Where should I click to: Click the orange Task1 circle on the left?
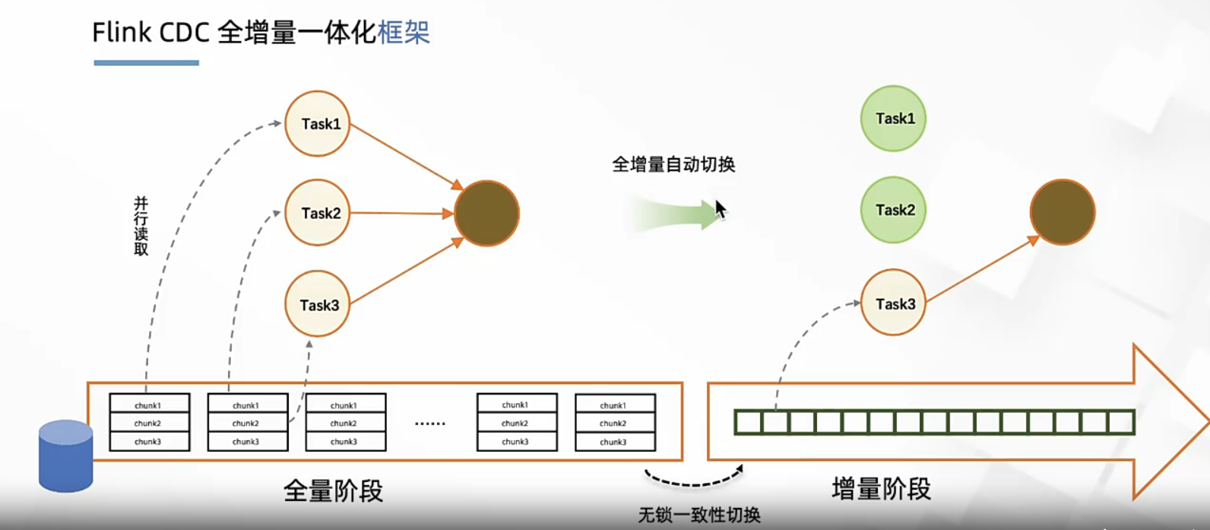tap(318, 124)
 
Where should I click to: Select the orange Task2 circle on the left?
tap(318, 213)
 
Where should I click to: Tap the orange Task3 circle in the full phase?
tap(318, 303)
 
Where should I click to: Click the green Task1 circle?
tap(894, 119)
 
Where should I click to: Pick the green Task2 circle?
tap(894, 210)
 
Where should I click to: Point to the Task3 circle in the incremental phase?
tap(894, 303)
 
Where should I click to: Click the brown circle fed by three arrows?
tap(486, 214)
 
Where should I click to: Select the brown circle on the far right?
tap(1063, 212)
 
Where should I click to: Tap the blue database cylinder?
tap(66, 456)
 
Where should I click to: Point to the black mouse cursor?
tap(721, 209)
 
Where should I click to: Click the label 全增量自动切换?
tap(673, 164)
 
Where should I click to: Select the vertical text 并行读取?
tap(141, 226)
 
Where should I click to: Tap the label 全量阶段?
tap(334, 490)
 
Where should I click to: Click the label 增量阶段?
tap(881, 488)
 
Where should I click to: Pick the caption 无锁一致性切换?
tap(699, 515)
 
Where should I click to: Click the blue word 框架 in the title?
tap(404, 32)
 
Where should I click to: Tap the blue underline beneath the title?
tap(147, 62)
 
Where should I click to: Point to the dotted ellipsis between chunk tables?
tap(430, 424)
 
